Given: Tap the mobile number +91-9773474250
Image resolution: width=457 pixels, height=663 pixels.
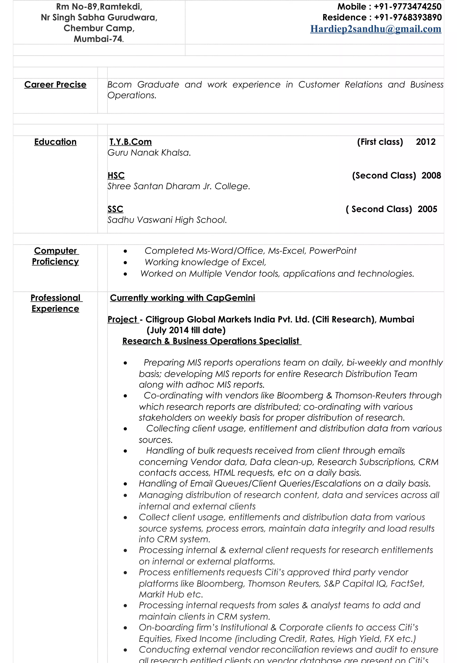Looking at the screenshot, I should click(407, 7).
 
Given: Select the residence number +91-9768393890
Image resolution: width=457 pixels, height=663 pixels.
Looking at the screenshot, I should click(408, 17).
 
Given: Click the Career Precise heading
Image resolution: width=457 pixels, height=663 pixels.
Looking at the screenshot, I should click(55, 84).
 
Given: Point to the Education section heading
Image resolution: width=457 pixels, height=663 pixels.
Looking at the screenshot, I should click(55, 142).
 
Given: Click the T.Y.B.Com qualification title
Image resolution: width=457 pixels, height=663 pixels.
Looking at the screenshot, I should click(131, 142).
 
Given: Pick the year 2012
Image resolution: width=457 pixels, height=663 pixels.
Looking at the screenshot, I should click(426, 142).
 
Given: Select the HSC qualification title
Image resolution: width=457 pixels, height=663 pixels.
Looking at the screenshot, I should click(116, 175).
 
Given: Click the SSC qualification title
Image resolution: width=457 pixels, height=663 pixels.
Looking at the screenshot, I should click(115, 209).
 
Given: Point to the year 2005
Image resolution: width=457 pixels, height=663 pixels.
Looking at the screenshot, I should click(427, 209).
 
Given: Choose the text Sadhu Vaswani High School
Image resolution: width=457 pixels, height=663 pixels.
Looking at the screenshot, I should click(167, 220).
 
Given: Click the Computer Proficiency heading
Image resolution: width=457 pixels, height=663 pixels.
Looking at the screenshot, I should click(55, 256).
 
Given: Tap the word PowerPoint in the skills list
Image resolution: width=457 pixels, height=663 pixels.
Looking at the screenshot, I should click(333, 251).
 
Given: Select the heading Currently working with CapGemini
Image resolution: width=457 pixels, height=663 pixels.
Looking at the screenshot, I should click(182, 298).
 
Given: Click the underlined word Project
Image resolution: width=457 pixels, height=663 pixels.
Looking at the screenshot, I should click(123, 319).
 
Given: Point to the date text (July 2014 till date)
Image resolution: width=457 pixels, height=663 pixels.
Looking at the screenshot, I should click(186, 330).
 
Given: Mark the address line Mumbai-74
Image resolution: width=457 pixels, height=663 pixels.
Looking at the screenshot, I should click(98, 39).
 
